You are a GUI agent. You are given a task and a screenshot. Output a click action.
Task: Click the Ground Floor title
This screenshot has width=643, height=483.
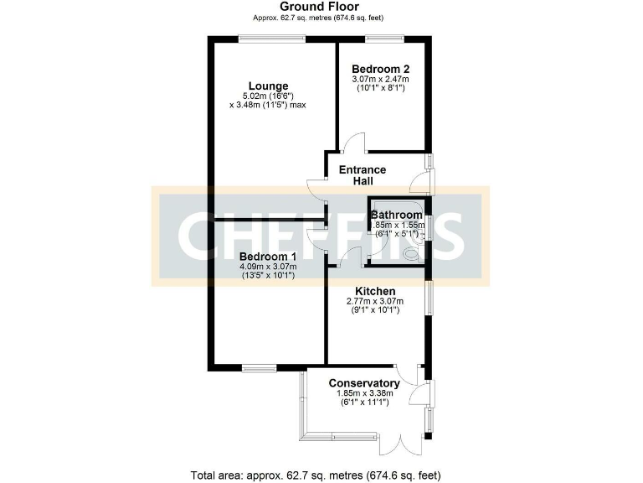[321, 6]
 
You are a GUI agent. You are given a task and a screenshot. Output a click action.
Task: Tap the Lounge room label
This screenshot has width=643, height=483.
[268, 86]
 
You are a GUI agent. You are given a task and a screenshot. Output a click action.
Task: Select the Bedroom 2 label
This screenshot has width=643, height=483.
[379, 69]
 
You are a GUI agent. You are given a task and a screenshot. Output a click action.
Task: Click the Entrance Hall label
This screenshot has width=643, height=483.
[362, 175]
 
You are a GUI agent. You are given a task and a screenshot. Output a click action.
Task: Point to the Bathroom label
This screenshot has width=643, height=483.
[397, 215]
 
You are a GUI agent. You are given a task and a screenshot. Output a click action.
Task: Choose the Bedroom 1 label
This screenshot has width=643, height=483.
[268, 256]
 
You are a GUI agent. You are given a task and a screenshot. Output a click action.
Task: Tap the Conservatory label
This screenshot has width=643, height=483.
[363, 383]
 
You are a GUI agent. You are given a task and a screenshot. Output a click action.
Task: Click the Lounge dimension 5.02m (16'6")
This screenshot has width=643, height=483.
[268, 96]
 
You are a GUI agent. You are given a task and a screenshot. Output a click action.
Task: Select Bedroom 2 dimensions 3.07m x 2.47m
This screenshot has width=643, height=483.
[379, 79]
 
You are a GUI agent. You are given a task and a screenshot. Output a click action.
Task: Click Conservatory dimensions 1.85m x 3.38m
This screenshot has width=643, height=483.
[363, 394]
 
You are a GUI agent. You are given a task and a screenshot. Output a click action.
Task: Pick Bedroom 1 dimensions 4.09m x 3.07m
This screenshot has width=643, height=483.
[268, 267]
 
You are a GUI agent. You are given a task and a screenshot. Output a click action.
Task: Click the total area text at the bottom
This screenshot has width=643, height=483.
[316, 475]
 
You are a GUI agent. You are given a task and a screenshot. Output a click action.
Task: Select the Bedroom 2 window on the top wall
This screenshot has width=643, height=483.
[384, 36]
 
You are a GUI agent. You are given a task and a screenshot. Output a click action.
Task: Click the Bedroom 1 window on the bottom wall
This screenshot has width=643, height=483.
[260, 366]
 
